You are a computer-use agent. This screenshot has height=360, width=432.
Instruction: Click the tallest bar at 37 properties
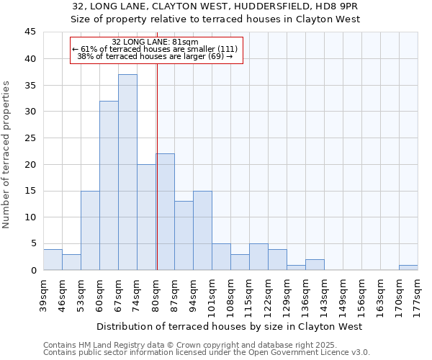[x=127, y=172]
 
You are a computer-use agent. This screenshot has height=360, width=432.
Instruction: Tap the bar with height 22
[x=165, y=212]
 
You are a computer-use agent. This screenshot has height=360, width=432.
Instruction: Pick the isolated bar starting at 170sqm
[x=408, y=267]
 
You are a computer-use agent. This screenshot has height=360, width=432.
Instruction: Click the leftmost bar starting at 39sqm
[x=53, y=259]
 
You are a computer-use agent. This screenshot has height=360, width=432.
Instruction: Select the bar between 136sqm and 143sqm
[x=315, y=264]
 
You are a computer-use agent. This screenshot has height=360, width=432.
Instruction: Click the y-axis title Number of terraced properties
[x=7, y=155]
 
